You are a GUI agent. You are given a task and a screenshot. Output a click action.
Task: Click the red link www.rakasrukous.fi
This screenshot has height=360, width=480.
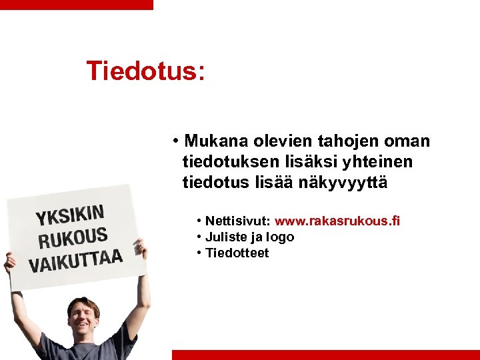coord(337,221)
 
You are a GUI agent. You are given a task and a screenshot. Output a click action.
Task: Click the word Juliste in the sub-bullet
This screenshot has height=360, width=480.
coord(225,237)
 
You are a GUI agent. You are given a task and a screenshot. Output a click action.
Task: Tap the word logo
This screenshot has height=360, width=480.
coord(280,237)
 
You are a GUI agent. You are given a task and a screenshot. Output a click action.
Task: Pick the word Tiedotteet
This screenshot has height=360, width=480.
coord(237,253)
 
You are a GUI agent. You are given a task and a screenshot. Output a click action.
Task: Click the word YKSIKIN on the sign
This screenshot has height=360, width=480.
coord(70,215)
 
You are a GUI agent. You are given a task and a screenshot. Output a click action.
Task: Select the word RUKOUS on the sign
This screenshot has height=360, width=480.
coord(73,237)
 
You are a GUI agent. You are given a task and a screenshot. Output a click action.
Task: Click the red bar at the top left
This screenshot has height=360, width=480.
coord(76,4)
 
